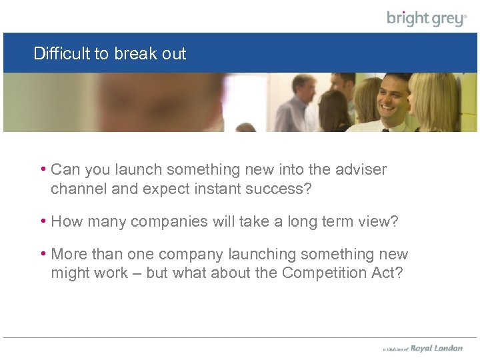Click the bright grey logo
(427, 18)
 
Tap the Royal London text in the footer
(437, 348)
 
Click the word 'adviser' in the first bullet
(360, 170)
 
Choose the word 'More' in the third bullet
(68, 254)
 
